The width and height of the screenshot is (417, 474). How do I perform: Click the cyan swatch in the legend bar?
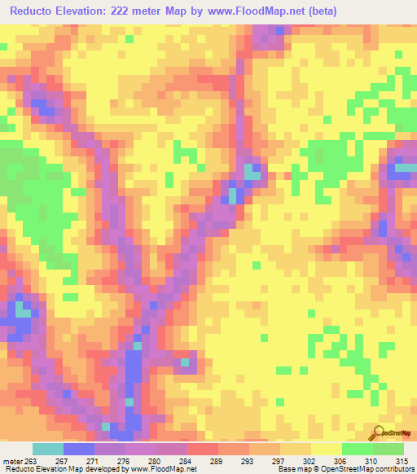(47, 450)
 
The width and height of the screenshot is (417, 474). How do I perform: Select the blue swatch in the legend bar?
(78, 450)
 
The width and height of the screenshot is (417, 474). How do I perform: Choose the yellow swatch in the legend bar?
(326, 450)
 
